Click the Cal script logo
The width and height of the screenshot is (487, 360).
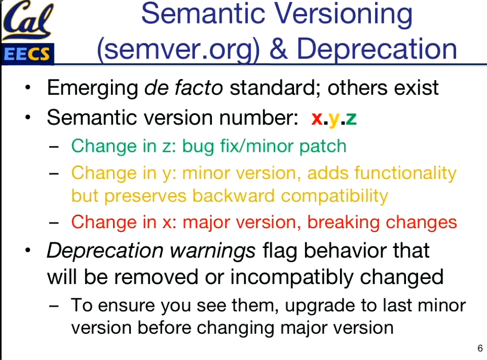pos(28,20)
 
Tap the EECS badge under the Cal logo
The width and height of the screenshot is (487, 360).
pos(28,53)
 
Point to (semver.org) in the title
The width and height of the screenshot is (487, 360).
pos(178,49)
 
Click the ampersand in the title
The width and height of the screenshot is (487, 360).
pos(278,49)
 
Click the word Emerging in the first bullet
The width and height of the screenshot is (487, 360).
pos(93,88)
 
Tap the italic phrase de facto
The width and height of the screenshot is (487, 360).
pos(184,87)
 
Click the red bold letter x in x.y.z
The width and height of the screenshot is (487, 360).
pos(317,118)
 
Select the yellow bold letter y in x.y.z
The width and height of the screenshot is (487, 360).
pos(334,120)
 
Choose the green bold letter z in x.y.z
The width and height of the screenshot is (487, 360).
pos(351,118)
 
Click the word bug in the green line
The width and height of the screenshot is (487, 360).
pos(198,147)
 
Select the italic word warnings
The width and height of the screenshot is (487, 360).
pos(213,251)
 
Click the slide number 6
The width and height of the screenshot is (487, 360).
pos(480,348)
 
